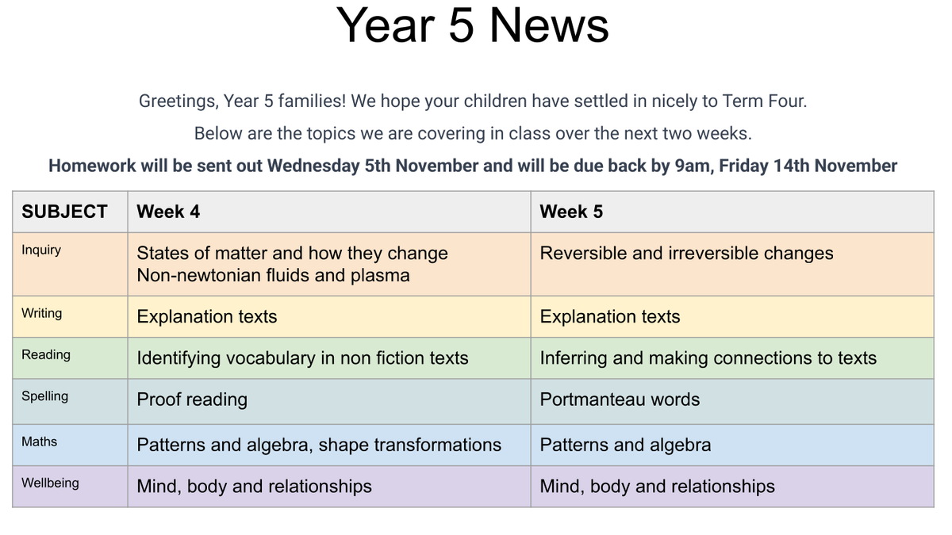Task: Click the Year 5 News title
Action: [x=472, y=25]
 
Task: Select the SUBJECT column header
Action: [x=64, y=212]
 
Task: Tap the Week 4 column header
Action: [x=168, y=212]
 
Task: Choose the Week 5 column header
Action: [x=571, y=212]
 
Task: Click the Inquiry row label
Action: [x=41, y=250]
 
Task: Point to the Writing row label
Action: [x=41, y=313]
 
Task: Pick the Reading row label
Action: [x=46, y=355]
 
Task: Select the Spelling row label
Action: [x=44, y=396]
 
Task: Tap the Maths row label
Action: [x=39, y=441]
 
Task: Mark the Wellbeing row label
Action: [x=50, y=483]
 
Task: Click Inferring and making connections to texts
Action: [x=708, y=358]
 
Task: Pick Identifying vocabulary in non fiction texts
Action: [x=302, y=358]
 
